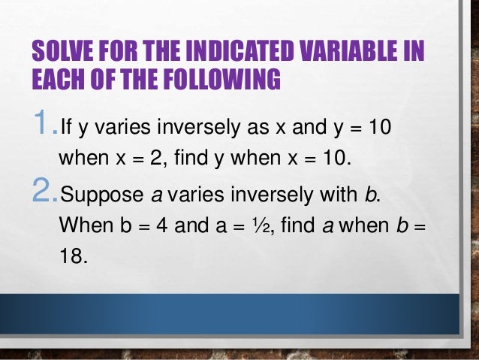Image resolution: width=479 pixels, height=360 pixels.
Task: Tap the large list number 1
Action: point(41,122)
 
